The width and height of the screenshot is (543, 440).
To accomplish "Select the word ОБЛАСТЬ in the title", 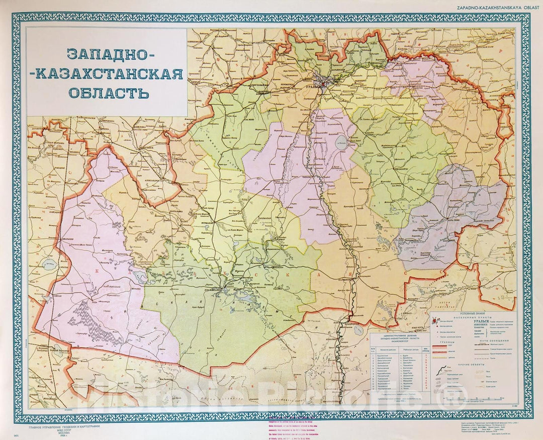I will [108, 93].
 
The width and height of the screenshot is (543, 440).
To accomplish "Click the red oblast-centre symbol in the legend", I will [434, 320].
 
